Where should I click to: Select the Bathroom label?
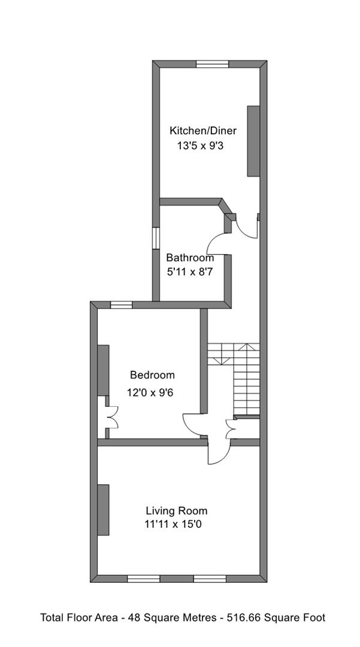click(190, 258)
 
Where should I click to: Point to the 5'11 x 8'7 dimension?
click(189, 271)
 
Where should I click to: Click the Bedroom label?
click(153, 376)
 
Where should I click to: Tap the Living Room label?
click(177, 511)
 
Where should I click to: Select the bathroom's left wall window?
click(156, 237)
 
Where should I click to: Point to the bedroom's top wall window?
click(122, 305)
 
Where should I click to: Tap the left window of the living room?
click(144, 578)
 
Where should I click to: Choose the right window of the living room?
click(209, 578)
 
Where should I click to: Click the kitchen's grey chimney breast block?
click(253, 141)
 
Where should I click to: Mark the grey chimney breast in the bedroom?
click(104, 370)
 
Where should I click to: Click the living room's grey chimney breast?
click(104, 509)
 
